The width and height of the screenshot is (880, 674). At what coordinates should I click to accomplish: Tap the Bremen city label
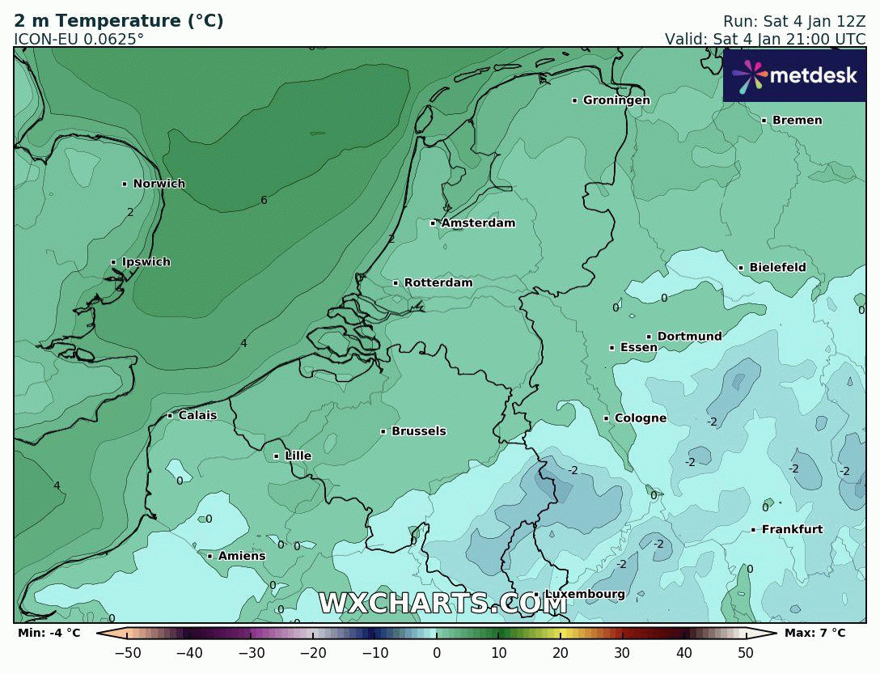coord(797,121)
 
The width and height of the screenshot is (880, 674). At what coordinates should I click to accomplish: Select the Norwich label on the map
coord(159,184)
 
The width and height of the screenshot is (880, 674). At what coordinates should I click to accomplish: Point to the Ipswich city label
coord(146,262)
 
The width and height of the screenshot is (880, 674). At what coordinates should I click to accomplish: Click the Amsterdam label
coord(477,223)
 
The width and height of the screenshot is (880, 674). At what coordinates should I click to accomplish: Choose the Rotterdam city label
coord(438,283)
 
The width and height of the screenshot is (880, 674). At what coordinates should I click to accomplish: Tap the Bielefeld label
coord(777,268)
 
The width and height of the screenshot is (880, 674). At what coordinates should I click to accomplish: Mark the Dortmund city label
coord(689,337)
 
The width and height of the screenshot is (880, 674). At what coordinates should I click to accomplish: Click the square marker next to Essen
coord(611,348)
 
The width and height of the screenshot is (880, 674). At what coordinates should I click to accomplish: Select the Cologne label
coord(640,418)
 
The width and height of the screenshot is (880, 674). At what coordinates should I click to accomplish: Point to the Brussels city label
coord(418,431)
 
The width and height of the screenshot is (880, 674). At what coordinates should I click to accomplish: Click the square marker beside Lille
coord(276,456)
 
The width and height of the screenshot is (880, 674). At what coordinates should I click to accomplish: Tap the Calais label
coord(197,416)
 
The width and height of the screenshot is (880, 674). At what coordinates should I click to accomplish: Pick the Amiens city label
coord(241,556)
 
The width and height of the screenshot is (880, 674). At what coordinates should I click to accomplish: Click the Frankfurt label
coord(792,530)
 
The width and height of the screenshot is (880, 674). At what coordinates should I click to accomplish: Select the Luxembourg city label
coord(584,595)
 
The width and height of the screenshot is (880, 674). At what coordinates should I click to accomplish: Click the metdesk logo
coord(793,75)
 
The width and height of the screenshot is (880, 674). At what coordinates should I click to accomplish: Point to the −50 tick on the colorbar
coord(128,653)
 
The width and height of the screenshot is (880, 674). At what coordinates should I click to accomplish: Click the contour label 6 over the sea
coord(264,201)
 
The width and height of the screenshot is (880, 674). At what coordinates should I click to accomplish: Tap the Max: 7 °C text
coord(814,633)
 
